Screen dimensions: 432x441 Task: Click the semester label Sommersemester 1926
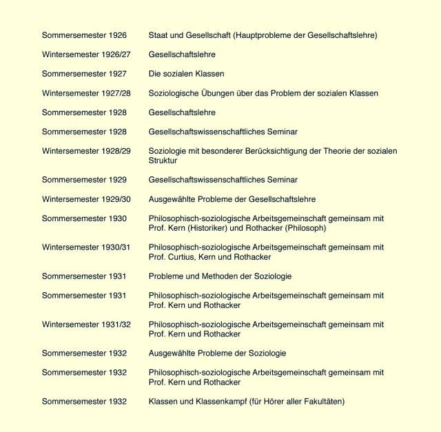84,35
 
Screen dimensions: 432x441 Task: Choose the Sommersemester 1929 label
84,180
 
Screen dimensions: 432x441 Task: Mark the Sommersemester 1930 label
84,218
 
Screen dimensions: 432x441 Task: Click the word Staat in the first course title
159,35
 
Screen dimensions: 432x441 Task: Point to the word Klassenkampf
222,402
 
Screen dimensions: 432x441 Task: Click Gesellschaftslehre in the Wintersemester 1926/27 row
182,54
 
